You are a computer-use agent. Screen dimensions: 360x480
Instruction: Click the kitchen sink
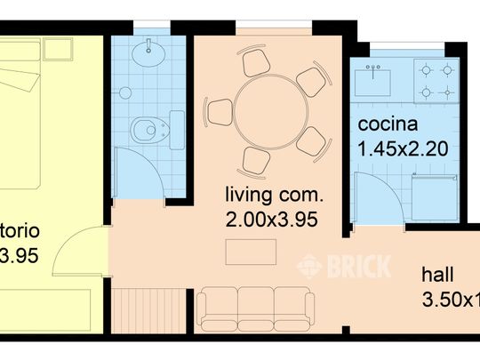pyautogui.click(x=374, y=81)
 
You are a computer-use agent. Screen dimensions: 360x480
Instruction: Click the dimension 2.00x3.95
pyautogui.click(x=271, y=216)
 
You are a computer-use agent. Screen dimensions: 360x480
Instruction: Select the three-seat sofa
pyautogui.click(x=256, y=308)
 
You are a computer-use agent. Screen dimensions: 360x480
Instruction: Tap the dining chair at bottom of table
pyautogui.click(x=255, y=161)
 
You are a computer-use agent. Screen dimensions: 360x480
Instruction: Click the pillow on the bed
pyautogui.click(x=18, y=89)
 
